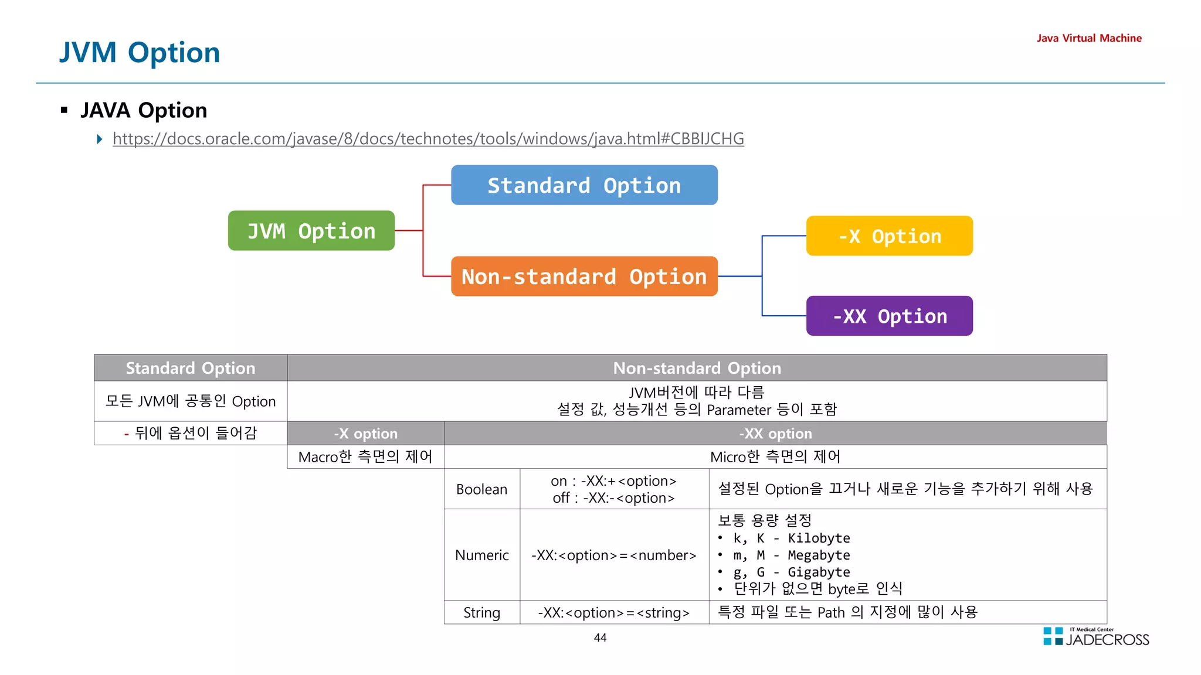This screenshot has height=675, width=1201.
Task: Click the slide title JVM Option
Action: click(x=140, y=53)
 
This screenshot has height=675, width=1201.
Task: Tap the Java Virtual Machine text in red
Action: click(x=1088, y=38)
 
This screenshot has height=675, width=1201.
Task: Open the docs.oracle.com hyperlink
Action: click(x=428, y=139)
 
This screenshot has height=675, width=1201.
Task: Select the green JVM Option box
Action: click(x=311, y=231)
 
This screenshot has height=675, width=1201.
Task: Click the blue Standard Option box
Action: click(x=584, y=185)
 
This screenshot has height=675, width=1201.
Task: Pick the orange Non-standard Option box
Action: click(x=584, y=277)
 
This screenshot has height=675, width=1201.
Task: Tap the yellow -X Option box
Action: click(x=889, y=236)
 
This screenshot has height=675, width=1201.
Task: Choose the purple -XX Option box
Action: click(x=889, y=316)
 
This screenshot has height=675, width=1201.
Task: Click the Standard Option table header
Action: click(x=191, y=368)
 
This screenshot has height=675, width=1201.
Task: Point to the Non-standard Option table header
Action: click(x=697, y=368)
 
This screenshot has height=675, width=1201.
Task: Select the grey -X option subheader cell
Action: click(x=365, y=434)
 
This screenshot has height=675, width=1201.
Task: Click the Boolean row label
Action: click(x=481, y=489)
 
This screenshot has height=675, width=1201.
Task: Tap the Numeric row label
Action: click(x=481, y=555)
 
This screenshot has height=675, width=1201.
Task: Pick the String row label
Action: click(x=481, y=612)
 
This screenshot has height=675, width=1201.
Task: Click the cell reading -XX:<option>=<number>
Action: click(x=613, y=555)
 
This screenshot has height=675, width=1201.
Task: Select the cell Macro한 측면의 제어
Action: click(x=365, y=456)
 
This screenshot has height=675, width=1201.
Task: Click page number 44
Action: click(x=600, y=637)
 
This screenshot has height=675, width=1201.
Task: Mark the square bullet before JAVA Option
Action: click(x=65, y=110)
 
